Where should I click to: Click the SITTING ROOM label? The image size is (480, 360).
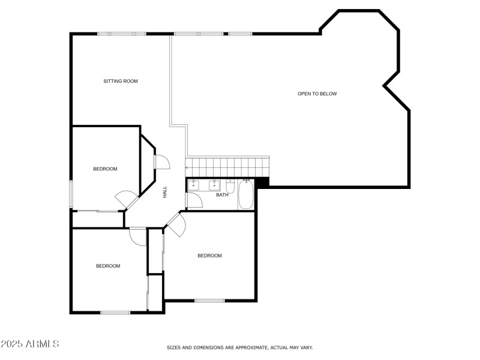tap(121, 81)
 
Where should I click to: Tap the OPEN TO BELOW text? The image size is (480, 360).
tap(317, 94)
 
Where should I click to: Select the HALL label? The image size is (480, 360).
tap(164, 193)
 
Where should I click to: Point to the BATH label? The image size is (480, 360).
tap(222, 194)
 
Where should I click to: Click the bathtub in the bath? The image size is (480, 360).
tap(246, 194)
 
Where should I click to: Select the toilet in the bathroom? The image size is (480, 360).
tap(230, 186)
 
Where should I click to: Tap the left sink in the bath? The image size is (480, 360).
tap(193, 186)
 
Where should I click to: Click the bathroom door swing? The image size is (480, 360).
tap(194, 201)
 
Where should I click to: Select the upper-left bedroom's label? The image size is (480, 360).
tap(105, 169)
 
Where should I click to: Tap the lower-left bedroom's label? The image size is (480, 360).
tap(108, 266)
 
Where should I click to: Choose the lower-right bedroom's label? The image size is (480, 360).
tap(209, 256)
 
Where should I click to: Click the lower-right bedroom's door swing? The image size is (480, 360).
tap(176, 226)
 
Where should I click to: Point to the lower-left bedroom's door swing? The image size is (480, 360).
tap(137, 236)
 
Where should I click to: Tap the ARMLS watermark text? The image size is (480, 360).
tap(30, 344)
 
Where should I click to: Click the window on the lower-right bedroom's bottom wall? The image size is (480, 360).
tap(209, 299)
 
